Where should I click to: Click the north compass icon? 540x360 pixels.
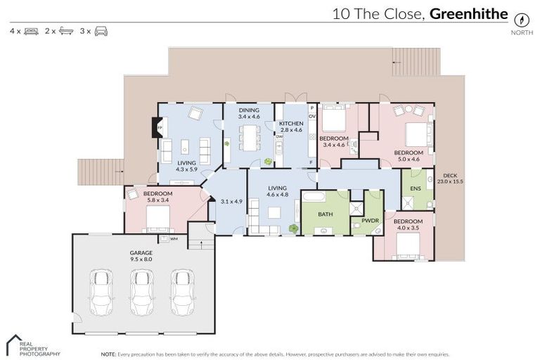click(x=521, y=20)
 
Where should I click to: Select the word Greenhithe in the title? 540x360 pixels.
click(x=469, y=13)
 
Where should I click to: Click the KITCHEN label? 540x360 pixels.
click(x=290, y=124)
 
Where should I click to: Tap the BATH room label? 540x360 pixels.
click(x=325, y=214)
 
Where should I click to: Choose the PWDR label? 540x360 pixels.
click(x=370, y=221)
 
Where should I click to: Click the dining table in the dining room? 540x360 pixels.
click(x=248, y=137)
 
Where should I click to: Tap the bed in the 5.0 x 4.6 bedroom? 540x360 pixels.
click(x=417, y=134)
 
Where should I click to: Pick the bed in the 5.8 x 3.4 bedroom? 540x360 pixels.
click(x=157, y=217)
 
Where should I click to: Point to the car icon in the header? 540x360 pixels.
click(x=101, y=31)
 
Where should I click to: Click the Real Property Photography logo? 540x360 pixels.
click(x=32, y=344)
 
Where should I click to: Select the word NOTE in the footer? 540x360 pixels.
click(x=108, y=354)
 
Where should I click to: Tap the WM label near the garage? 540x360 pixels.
click(x=174, y=239)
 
